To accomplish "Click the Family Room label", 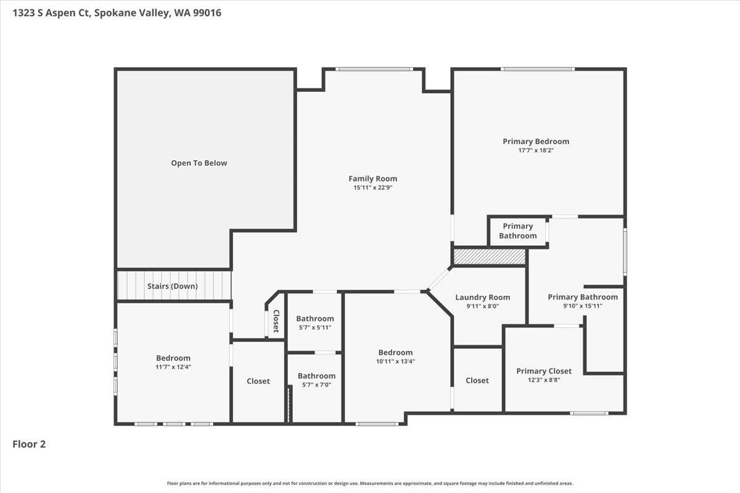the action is pyautogui.click(x=372, y=179).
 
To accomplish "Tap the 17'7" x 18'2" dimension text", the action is pyautogui.click(x=536, y=150).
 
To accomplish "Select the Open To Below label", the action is pyautogui.click(x=199, y=163).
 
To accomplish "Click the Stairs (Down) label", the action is pyautogui.click(x=173, y=286).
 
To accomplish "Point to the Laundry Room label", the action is pyautogui.click(x=483, y=297).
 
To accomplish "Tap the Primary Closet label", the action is pyautogui.click(x=544, y=371).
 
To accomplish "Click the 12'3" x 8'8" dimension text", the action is pyautogui.click(x=544, y=380).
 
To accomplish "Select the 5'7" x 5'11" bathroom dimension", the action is pyautogui.click(x=315, y=328).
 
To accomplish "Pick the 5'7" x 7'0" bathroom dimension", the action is pyautogui.click(x=316, y=385).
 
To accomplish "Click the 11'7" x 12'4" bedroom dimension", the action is pyautogui.click(x=173, y=367).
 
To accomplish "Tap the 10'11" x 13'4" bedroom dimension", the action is pyautogui.click(x=395, y=361).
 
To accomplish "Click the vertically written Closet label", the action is pyautogui.click(x=276, y=320).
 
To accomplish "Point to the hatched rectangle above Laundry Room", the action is pyautogui.click(x=489, y=256).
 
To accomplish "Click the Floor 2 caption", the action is pyautogui.click(x=29, y=444).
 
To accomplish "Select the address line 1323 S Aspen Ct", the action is pyautogui.click(x=117, y=13).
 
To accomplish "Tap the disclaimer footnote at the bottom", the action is pyautogui.click(x=370, y=483).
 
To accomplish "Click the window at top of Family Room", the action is pyautogui.click(x=374, y=69).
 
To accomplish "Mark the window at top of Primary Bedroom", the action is pyautogui.click(x=538, y=69).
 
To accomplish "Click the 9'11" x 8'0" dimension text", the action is pyautogui.click(x=483, y=306).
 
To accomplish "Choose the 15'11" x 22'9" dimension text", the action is pyautogui.click(x=372, y=187).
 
